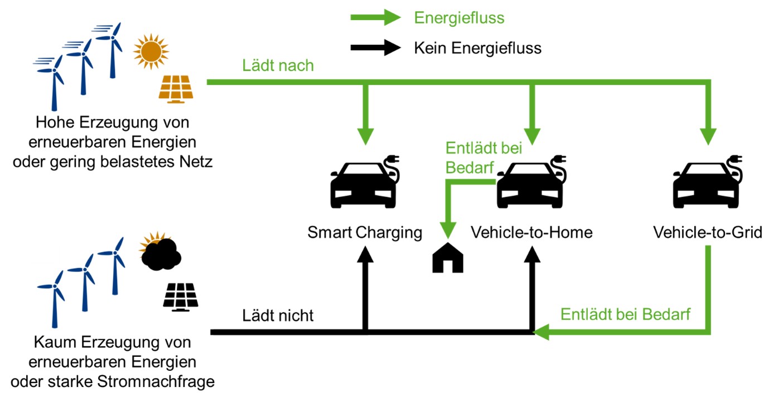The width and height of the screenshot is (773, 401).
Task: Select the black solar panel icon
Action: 180,296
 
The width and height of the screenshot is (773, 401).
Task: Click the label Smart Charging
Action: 365,232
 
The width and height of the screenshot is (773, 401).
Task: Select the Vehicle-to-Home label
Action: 532,232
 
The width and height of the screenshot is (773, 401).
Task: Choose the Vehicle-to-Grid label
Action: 708,232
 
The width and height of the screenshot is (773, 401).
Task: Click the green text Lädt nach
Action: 278,66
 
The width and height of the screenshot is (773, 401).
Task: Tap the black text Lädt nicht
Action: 278,316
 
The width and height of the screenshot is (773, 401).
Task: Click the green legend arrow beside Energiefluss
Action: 375,18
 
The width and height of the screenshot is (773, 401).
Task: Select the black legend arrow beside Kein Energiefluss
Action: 375,48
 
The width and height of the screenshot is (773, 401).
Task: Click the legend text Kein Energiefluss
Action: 477,48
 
